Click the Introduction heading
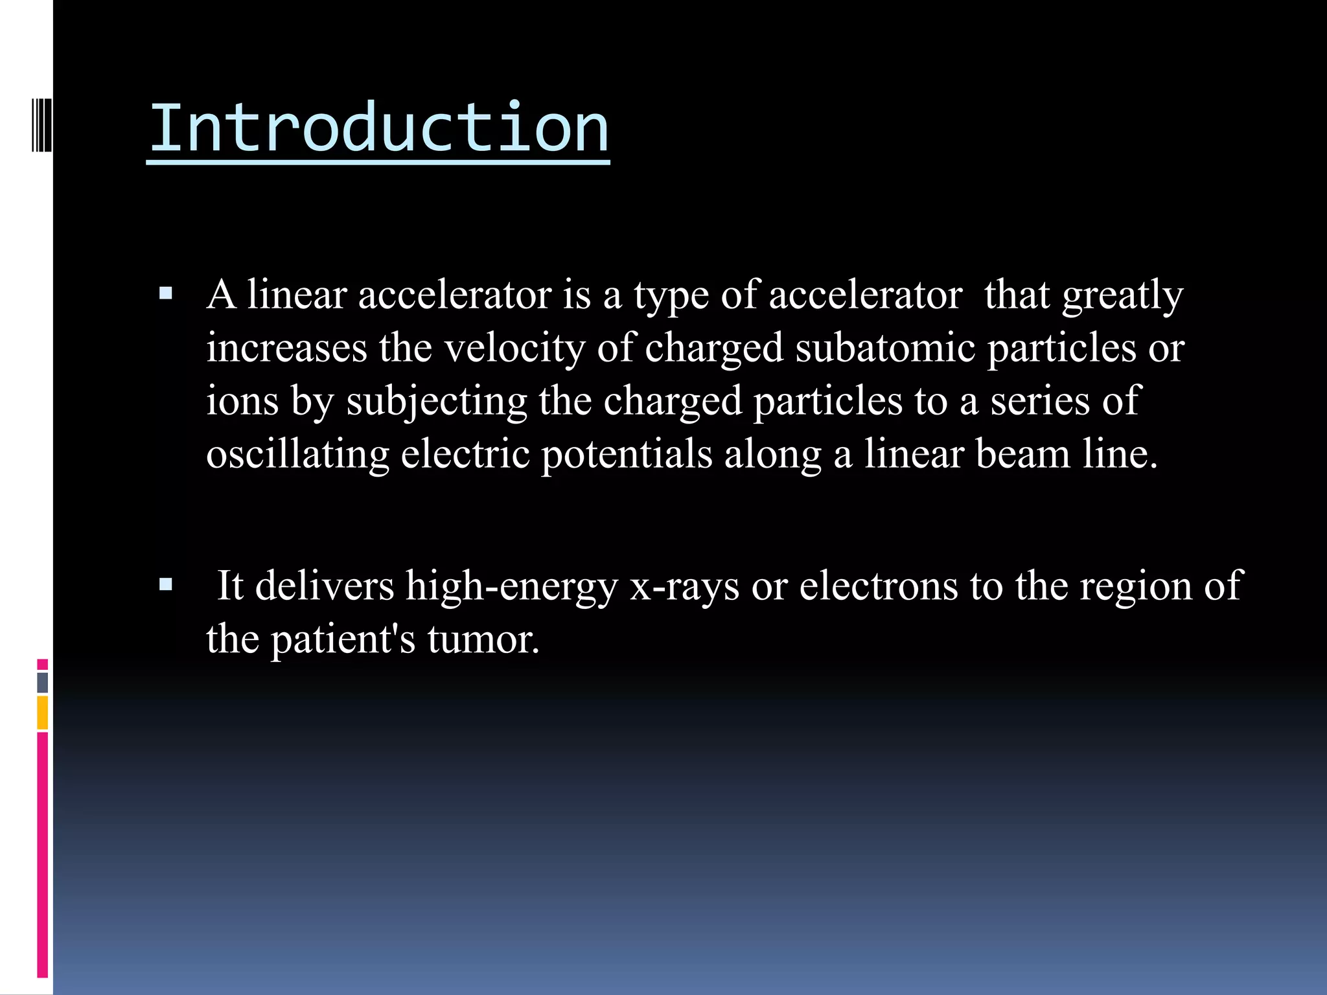coord(379,128)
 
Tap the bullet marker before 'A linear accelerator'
coord(166,295)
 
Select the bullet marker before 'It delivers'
coord(166,586)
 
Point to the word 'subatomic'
coord(885,348)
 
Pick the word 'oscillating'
coord(297,453)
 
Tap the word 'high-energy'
coord(511,586)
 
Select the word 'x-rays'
coord(684,586)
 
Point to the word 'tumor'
coord(483,639)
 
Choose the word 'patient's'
coord(343,639)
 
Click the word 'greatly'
coord(1123,295)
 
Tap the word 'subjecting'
coord(437,401)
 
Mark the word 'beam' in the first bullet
coord(1022,453)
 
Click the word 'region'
coord(1136,586)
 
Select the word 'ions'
coord(242,401)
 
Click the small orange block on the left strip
coord(43,713)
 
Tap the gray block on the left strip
coord(43,682)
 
